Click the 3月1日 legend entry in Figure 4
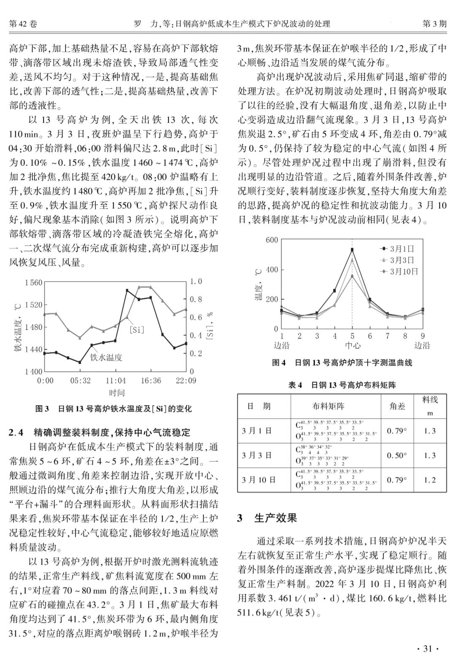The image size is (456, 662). [402, 249]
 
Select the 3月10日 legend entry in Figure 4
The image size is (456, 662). [403, 271]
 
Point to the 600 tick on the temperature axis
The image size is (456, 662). [272, 240]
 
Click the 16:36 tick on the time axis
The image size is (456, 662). [151, 381]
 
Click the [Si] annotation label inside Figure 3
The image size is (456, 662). [136, 330]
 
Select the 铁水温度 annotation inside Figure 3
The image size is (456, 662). [106, 357]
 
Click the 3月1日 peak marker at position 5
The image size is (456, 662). [352, 250]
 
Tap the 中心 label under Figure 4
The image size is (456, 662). [353, 346]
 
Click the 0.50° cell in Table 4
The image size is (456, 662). [397, 455]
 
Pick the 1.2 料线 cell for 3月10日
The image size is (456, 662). [430, 480]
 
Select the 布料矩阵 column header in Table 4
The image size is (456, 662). [328, 406]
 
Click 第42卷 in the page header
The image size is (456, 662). [23, 24]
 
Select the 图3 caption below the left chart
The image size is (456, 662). [113, 408]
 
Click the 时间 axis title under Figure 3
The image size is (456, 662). [117, 393]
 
